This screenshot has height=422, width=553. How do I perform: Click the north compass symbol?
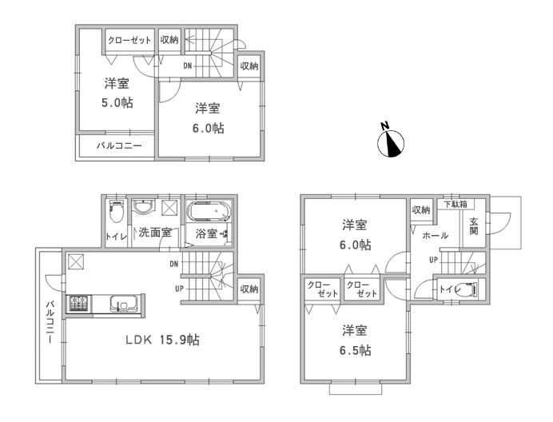[x=392, y=141]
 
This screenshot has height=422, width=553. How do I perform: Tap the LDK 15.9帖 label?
[x=161, y=340]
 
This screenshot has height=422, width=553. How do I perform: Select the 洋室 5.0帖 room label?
[x=117, y=93]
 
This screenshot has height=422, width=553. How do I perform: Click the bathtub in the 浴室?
[x=209, y=213]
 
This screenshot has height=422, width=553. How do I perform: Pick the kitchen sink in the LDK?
[x=125, y=305]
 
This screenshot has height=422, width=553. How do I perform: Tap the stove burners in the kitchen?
[x=79, y=304]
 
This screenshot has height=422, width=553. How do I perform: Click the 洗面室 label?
[x=154, y=233]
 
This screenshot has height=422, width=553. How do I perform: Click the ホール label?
[x=435, y=236]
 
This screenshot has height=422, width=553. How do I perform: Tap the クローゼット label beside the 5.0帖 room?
[x=129, y=39]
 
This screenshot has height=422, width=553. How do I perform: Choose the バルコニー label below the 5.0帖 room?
[x=119, y=146]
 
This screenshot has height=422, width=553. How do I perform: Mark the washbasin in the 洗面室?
[x=144, y=209]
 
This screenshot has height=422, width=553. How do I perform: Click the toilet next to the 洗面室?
[x=116, y=213]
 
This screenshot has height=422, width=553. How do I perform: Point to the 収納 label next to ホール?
[x=421, y=209]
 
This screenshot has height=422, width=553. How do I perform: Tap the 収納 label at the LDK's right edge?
[x=249, y=289]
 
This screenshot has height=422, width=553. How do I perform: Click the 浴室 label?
[x=206, y=233]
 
